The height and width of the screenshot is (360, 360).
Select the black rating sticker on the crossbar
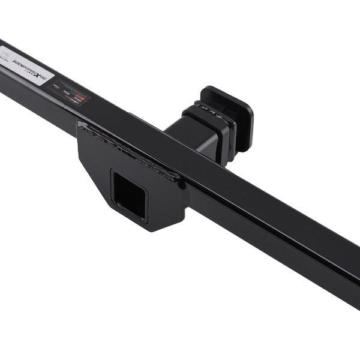[69, 92]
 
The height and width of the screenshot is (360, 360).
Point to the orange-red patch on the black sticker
[80, 96]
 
